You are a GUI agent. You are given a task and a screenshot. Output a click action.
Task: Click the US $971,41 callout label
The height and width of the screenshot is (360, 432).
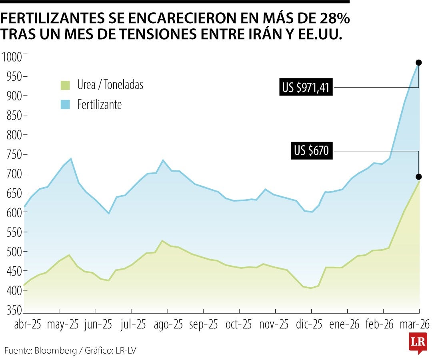point(306,87)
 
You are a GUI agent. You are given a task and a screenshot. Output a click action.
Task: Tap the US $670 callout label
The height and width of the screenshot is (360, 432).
point(311,151)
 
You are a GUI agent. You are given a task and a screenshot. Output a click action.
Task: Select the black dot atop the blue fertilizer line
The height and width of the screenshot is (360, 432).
point(419,62)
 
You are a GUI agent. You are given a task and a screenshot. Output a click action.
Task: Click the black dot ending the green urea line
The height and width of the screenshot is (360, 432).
point(419,177)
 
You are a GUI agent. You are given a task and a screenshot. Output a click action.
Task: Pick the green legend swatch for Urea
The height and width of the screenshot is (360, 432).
point(65,85)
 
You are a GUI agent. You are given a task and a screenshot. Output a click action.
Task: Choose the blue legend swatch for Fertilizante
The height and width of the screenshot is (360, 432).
point(65,105)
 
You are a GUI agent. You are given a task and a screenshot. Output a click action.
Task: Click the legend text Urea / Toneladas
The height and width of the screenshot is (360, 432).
point(110,85)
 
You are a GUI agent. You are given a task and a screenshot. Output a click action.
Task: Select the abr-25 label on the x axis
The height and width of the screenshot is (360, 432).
point(28,325)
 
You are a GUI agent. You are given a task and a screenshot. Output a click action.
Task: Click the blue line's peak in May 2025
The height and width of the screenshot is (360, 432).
point(71,159)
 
